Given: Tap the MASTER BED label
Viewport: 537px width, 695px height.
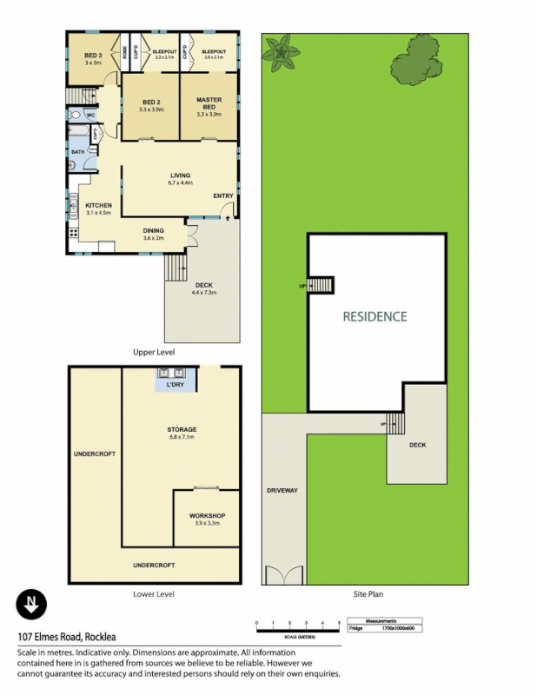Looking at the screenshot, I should tap(209, 103).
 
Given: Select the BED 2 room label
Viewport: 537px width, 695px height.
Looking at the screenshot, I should tap(150, 103).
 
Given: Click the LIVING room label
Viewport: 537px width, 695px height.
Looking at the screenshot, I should tap(180, 176).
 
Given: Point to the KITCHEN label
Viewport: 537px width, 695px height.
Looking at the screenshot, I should tap(98, 205).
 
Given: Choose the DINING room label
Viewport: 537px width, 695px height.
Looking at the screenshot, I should tap(153, 230).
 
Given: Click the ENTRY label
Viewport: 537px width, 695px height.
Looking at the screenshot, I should tap(223, 195).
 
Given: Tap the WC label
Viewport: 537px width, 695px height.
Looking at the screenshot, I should tap(90, 115).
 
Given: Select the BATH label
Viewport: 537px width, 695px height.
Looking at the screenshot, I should tap(78, 152).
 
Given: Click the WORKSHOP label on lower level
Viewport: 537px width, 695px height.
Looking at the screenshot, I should tap(207, 516).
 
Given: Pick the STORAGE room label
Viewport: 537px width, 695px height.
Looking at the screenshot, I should tap(182, 429).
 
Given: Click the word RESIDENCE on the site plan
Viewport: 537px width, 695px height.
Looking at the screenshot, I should tap(374, 316).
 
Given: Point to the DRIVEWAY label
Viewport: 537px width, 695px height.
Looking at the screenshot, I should tap(282, 491).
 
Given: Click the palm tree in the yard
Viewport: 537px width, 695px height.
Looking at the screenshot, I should tap(281, 52).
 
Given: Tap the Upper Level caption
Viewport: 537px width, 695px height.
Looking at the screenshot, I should tap(154, 352).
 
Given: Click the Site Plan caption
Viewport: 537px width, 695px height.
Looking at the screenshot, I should tap(367, 594).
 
